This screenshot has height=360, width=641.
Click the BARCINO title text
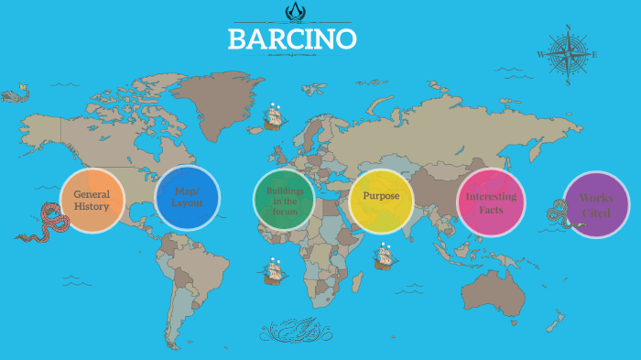292,39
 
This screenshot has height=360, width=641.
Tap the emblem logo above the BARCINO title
293,11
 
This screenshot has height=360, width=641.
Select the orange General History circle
92,201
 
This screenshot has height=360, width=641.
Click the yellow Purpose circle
381,200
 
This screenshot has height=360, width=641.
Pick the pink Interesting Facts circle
491,202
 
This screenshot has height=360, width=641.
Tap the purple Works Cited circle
596,204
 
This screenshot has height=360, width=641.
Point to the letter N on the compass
568,28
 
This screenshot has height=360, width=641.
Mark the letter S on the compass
568,82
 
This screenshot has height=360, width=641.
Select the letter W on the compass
540,54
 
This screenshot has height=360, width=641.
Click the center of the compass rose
568,54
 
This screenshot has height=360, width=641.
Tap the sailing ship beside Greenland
273,116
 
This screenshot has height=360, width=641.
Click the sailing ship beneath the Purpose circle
385,256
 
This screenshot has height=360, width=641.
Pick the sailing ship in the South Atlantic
273,271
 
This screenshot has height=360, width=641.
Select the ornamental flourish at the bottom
292,330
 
